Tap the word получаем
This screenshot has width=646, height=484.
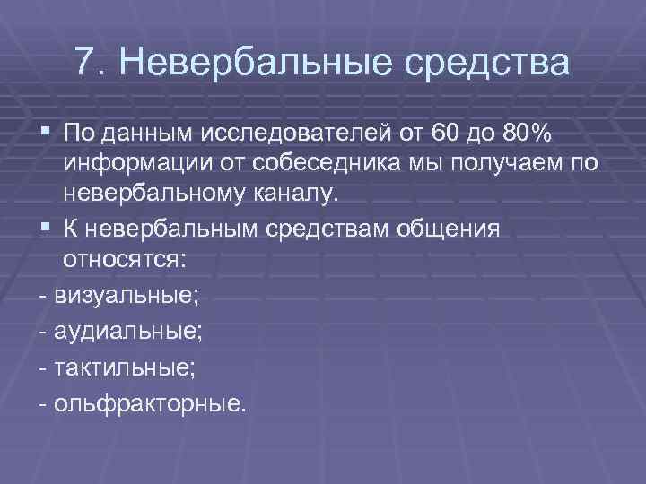(x=508, y=164)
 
